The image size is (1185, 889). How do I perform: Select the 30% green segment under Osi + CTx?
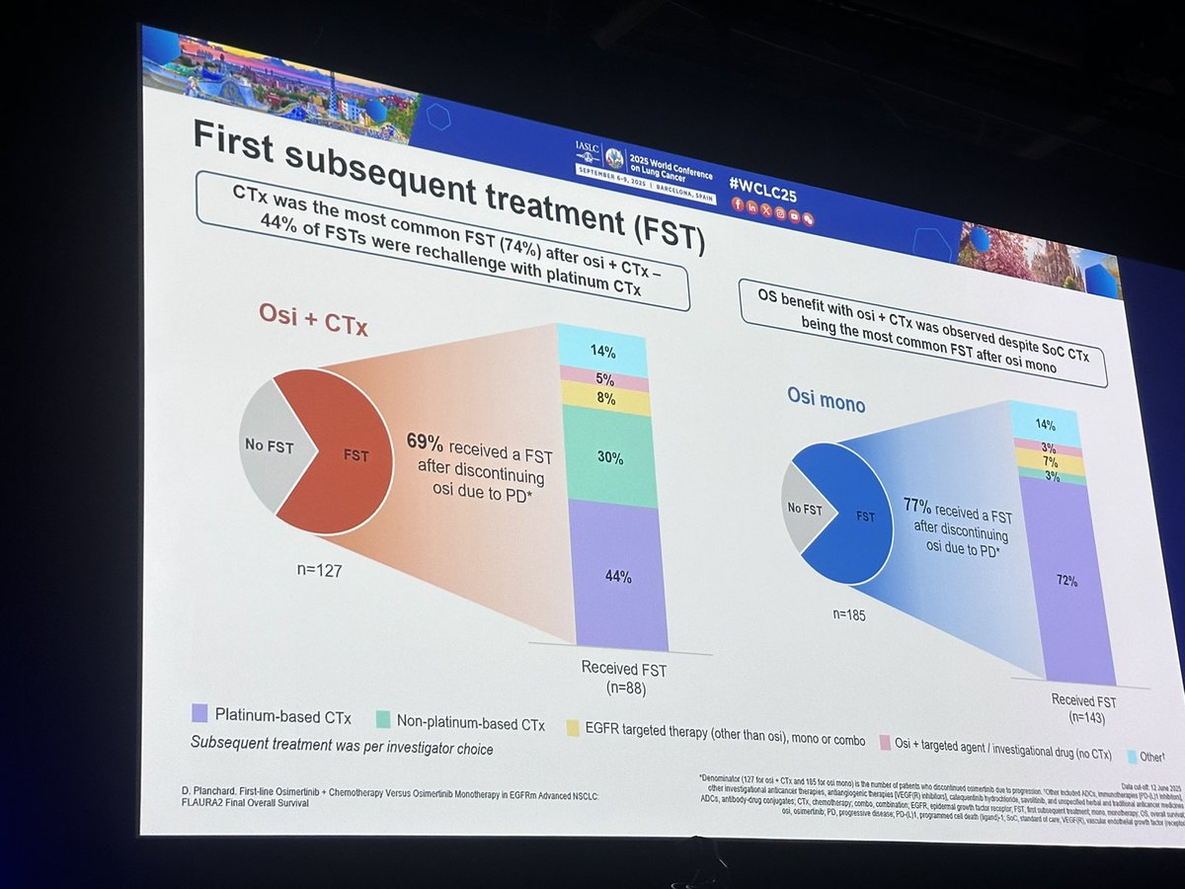[x=610, y=457]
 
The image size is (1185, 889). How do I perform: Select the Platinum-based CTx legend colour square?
[x=197, y=713]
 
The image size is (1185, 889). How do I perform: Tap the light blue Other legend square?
[x=1135, y=756]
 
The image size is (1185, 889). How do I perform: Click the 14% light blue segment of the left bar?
[x=602, y=350]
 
